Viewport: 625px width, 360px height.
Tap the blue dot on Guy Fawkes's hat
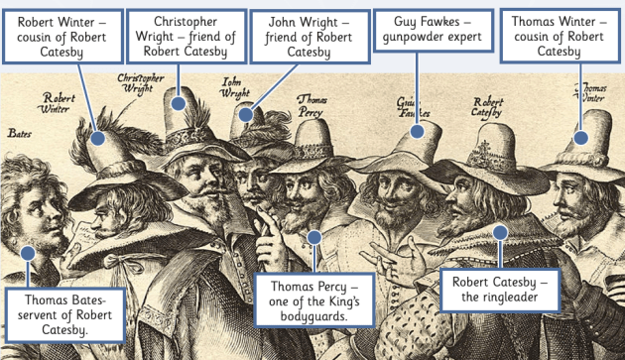pos(418,131)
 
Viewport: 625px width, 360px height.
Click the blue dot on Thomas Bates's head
pos(28,253)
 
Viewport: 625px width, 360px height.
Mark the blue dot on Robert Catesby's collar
pos(500,232)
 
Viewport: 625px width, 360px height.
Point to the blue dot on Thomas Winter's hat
pos(580,140)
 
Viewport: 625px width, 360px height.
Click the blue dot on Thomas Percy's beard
pos(315,237)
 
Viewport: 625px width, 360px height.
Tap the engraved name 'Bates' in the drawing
pos(20,132)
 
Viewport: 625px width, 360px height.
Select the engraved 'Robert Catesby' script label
pos(487,106)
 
